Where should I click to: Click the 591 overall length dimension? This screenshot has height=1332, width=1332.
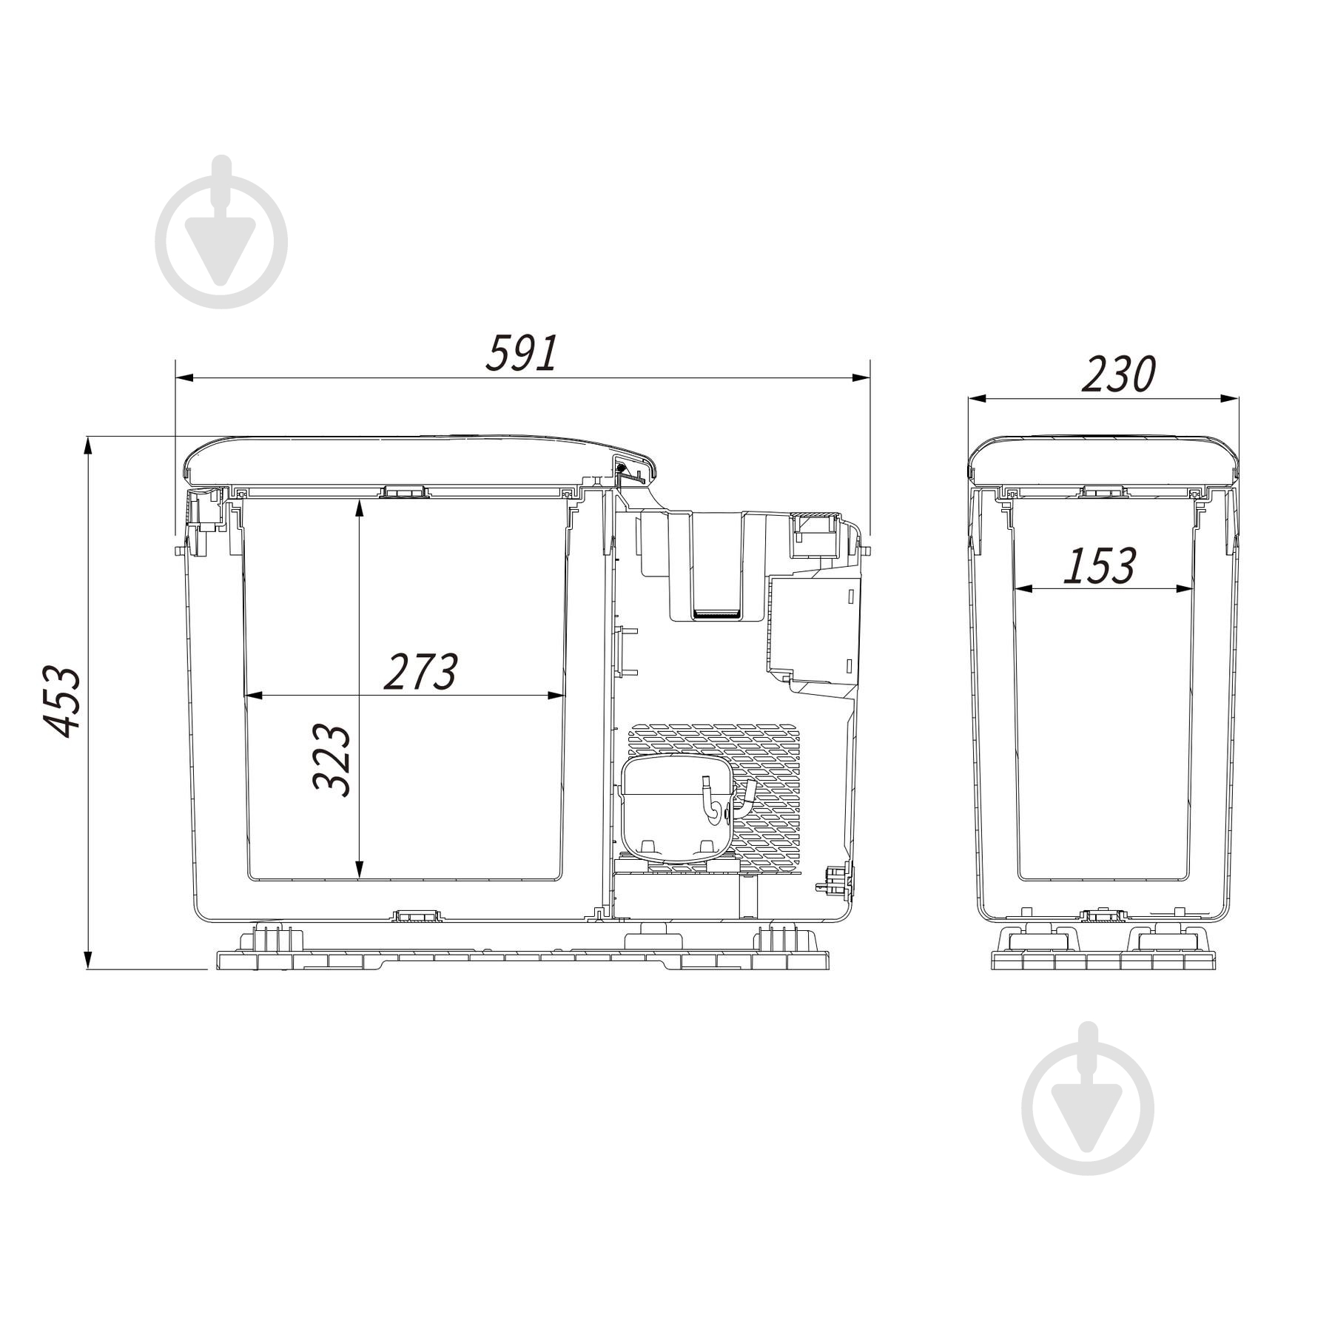coord(520,353)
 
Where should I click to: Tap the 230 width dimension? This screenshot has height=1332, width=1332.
coord(1118,374)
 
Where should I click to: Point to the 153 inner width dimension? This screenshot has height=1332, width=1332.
coord(1099,566)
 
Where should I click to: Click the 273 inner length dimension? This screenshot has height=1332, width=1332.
coord(420,671)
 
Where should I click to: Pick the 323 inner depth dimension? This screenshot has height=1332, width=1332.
coord(331,760)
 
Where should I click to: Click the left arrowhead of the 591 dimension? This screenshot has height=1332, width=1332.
coord(184,378)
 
